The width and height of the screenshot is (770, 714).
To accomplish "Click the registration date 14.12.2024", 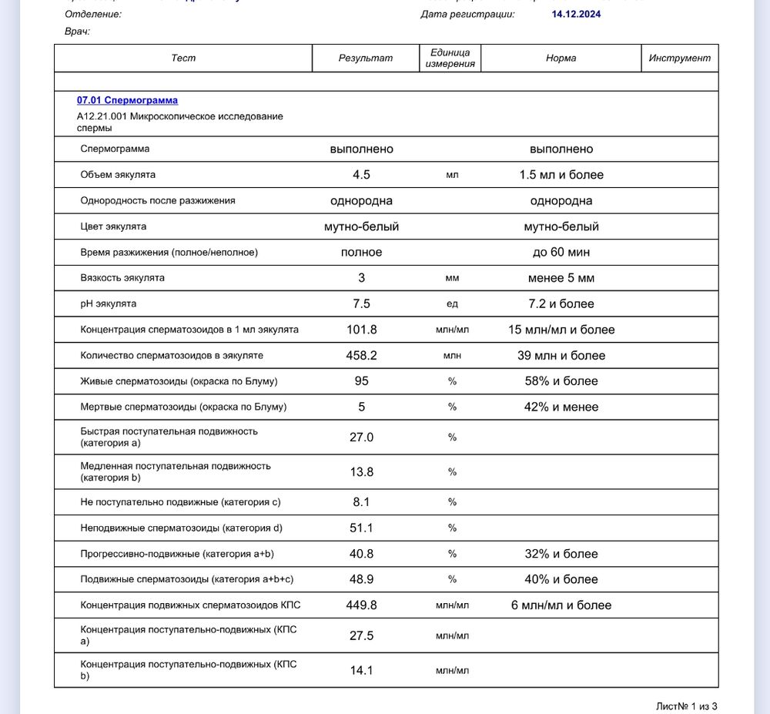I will click(x=576, y=14).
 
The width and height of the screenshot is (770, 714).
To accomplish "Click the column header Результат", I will click(x=366, y=58).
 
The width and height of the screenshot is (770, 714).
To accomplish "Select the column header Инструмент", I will click(x=679, y=58).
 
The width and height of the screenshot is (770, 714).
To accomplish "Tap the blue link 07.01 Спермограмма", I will click(x=127, y=100).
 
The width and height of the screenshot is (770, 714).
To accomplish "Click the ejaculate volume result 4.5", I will click(x=361, y=175).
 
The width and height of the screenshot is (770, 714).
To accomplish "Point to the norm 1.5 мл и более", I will click(x=561, y=175).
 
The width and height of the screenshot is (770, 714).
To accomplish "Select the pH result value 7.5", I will click(x=361, y=303).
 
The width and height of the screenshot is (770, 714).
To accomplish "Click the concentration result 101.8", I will click(x=361, y=330).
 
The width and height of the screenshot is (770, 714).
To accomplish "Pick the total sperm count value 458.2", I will click(x=361, y=355).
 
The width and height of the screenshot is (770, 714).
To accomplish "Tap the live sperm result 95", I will click(x=361, y=381).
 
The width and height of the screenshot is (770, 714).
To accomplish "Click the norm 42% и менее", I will click(x=561, y=407).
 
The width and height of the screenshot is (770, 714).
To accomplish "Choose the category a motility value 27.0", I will click(x=361, y=437).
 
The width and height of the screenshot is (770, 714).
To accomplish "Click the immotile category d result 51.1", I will click(x=361, y=528).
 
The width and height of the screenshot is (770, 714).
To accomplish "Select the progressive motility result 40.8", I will click(x=361, y=554).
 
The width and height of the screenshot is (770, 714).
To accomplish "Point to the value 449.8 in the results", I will click(x=361, y=605).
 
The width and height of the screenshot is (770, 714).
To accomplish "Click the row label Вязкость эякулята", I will click(x=122, y=277).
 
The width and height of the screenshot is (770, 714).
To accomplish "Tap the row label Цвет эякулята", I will click(x=113, y=226).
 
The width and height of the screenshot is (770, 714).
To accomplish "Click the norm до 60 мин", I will click(x=561, y=252).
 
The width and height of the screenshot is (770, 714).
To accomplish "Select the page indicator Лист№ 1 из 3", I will click(x=686, y=706).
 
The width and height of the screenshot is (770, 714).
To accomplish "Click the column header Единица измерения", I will click(x=450, y=58).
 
